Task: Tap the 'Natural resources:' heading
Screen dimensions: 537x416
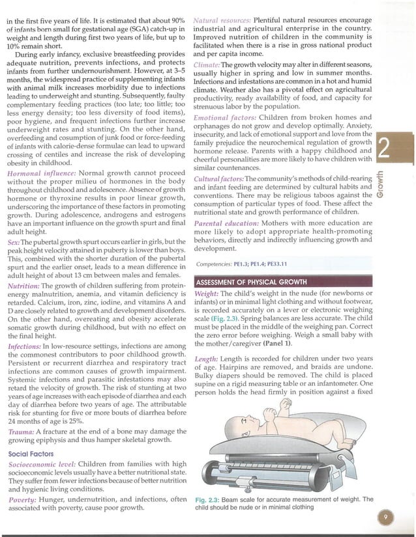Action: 222,20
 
